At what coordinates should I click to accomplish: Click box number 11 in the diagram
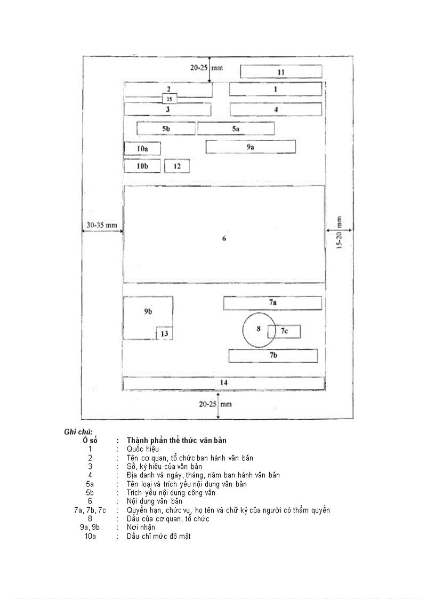[281, 71]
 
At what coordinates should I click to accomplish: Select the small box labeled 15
[170, 99]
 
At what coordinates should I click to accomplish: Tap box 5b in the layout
[166, 129]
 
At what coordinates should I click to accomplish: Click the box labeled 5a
[236, 129]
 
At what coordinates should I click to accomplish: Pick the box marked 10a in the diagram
[142, 149]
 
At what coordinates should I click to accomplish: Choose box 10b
[142, 166]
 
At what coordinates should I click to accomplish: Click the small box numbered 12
[177, 166]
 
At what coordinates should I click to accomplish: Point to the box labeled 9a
[251, 147]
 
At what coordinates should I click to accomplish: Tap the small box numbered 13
[164, 334]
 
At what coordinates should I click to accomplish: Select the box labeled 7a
[272, 303]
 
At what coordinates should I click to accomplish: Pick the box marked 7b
[273, 356]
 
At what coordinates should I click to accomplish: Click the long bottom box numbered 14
[224, 383]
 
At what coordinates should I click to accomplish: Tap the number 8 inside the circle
[259, 329]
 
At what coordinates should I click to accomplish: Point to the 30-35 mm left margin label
[101, 225]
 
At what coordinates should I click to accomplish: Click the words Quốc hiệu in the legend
[143, 449]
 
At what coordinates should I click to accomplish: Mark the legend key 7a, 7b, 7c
[90, 510]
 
